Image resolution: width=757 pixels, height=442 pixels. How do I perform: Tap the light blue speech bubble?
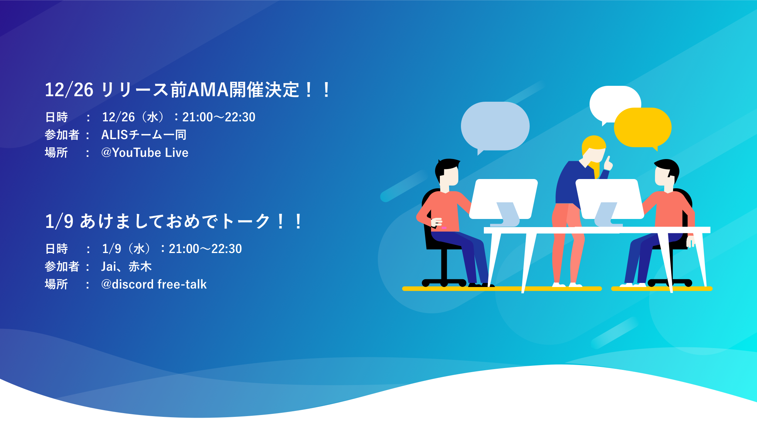pyautogui.click(x=495, y=126)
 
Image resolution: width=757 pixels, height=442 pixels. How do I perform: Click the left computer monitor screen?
pyautogui.click(x=503, y=199)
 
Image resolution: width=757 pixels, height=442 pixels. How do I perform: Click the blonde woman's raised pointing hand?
pyautogui.click(x=608, y=163)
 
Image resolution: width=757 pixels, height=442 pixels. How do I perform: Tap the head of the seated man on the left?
pyautogui.click(x=447, y=172)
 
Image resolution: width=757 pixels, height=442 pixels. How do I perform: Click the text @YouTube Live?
pyautogui.click(x=145, y=152)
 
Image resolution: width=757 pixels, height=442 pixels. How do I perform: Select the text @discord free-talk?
pyautogui.click(x=154, y=284)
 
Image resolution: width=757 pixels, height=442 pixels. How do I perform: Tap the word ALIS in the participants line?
pyautogui.click(x=115, y=135)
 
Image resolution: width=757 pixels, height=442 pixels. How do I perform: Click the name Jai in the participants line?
pyautogui.click(x=109, y=266)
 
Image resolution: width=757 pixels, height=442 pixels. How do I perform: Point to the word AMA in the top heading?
pyautogui.click(x=208, y=90)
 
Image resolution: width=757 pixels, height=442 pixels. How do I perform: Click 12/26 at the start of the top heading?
pyautogui.click(x=69, y=90)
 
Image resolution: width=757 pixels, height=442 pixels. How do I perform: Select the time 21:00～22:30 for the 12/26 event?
pyautogui.click(x=219, y=117)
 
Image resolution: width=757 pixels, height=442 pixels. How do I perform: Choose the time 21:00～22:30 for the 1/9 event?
pyautogui.click(x=205, y=249)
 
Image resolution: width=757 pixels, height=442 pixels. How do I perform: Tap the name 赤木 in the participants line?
pyautogui.click(x=140, y=266)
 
